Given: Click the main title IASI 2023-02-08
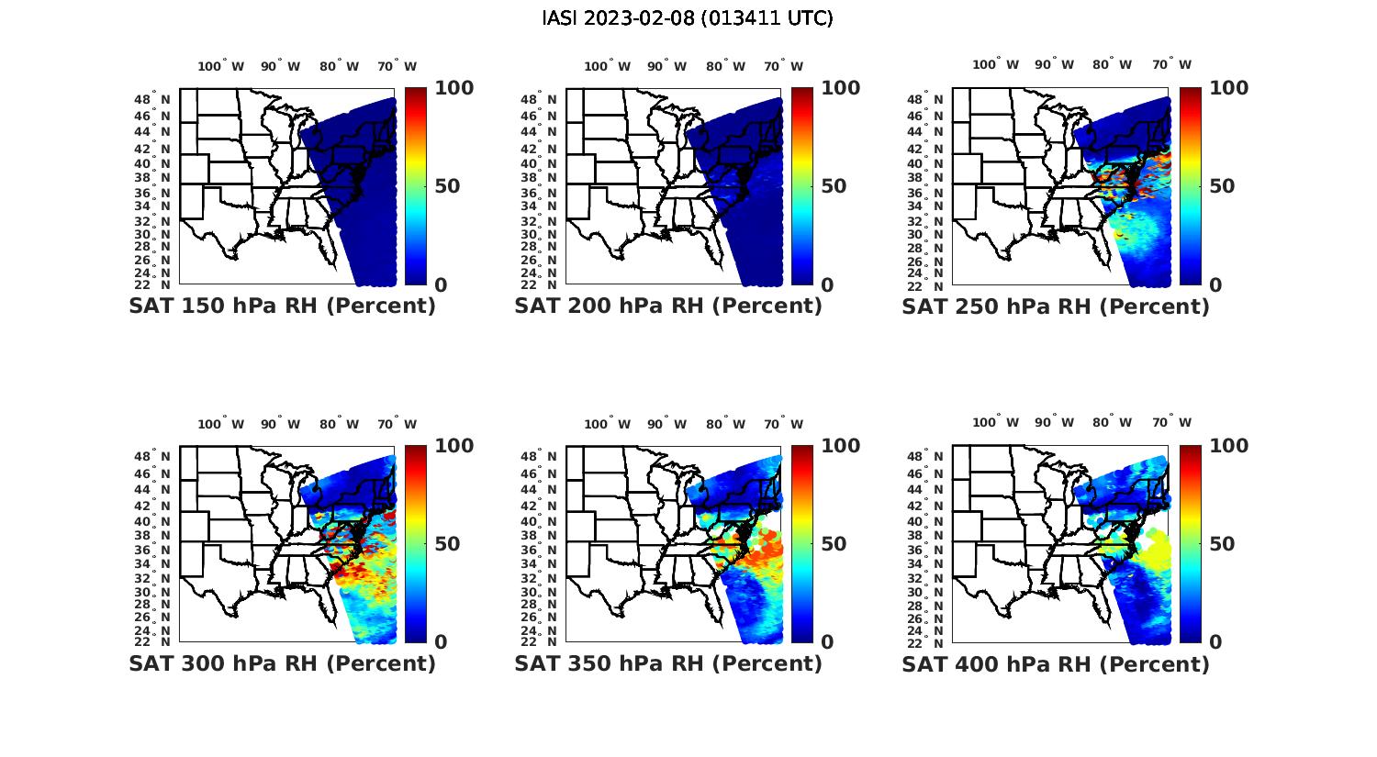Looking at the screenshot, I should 688,18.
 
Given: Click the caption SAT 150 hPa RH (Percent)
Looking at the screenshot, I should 283,306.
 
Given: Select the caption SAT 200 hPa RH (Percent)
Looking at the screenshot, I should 668,306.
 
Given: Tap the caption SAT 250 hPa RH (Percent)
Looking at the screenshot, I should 1056,306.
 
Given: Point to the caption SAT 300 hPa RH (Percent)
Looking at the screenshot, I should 283,663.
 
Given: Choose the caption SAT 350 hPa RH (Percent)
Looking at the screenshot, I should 668,663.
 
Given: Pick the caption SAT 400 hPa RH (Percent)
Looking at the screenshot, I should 1056,663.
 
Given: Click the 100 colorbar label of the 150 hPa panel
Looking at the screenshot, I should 454,88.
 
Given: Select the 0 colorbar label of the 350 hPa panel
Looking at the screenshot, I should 827,642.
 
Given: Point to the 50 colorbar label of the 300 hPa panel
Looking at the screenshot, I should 447,544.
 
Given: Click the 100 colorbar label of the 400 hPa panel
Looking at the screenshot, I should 1229,446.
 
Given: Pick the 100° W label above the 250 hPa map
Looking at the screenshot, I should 996,65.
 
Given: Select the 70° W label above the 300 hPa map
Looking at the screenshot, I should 396,424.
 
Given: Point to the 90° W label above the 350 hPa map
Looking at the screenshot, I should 667,424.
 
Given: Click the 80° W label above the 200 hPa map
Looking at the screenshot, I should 726,66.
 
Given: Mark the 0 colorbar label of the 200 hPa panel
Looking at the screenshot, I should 827,285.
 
